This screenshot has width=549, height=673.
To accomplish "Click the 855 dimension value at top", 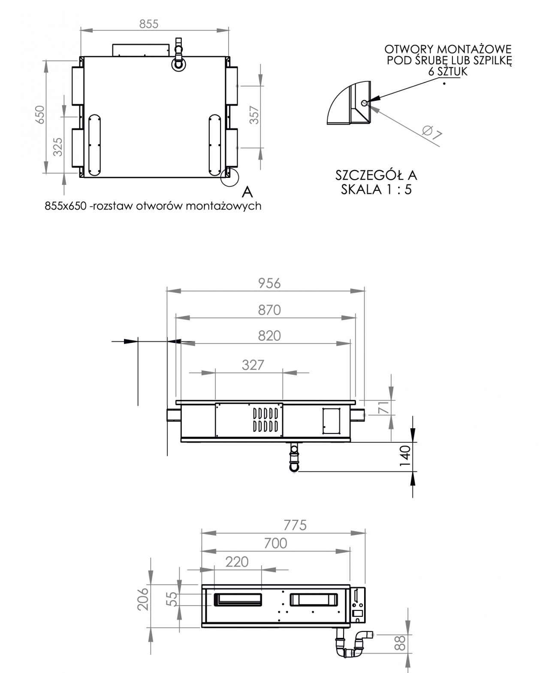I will (148, 24).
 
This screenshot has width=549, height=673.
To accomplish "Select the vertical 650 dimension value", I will (40, 114).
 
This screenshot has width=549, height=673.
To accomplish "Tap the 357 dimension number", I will (255, 115).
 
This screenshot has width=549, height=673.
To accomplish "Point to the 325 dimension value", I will (59, 146).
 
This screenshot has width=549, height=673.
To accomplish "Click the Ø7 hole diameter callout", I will (432, 133).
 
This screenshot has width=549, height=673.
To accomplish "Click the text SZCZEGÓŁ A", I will (376, 175).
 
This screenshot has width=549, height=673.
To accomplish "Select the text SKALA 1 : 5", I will (376, 189).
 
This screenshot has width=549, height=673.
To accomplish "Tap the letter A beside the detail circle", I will (247, 192).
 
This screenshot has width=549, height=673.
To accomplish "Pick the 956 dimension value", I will (269, 283).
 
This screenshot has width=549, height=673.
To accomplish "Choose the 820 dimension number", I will (269, 336).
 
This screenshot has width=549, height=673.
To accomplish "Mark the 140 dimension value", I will (405, 457).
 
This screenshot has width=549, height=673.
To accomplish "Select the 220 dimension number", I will (237, 562).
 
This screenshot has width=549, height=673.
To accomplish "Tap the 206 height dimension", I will (144, 598).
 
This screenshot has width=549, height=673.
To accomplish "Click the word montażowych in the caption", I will (224, 206).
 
